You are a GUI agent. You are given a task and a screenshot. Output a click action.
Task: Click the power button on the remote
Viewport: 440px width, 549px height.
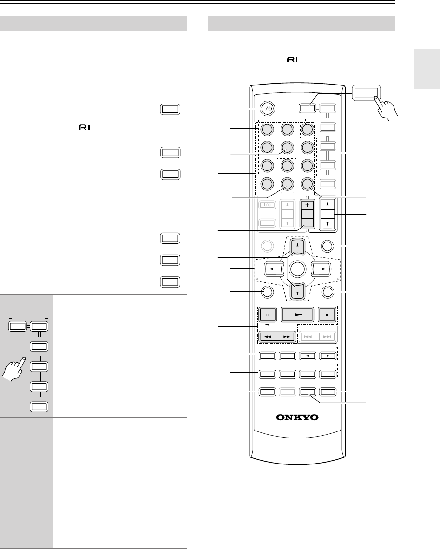click(x=268, y=108)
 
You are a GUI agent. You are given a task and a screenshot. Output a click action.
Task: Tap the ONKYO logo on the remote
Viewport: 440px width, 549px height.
click(x=297, y=417)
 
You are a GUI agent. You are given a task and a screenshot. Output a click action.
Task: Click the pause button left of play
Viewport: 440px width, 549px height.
click(x=268, y=314)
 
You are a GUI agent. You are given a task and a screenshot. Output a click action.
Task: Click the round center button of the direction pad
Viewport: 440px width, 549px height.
click(x=297, y=268)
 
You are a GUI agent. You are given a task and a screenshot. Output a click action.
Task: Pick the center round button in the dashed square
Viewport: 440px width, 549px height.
click(x=287, y=148)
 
